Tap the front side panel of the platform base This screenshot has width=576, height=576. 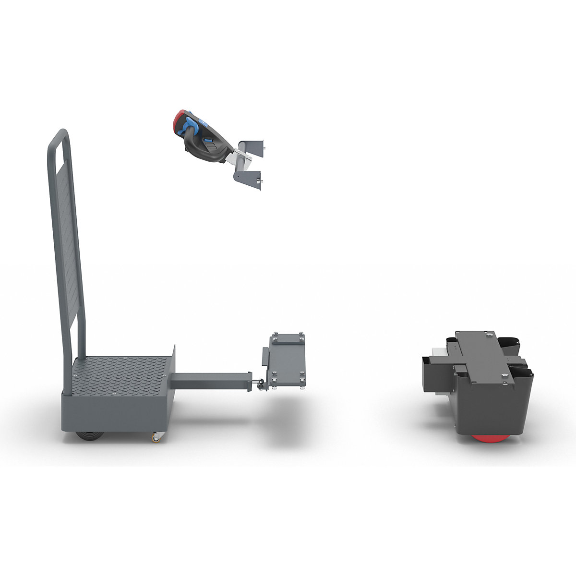click(x=115, y=410)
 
